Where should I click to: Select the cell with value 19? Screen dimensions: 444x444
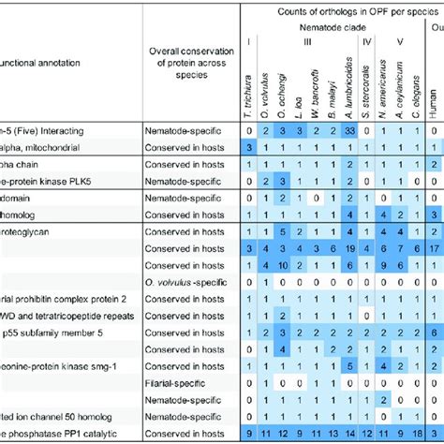[x=348, y=247]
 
